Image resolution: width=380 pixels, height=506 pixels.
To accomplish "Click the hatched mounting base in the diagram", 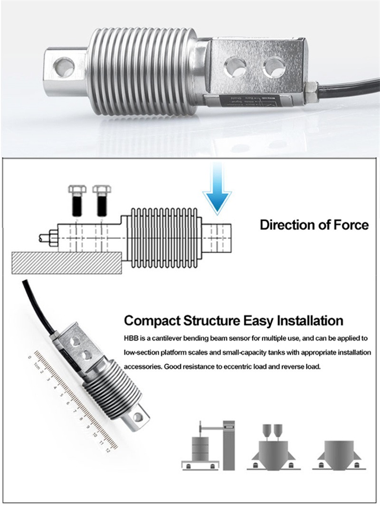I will click(x=66, y=262).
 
